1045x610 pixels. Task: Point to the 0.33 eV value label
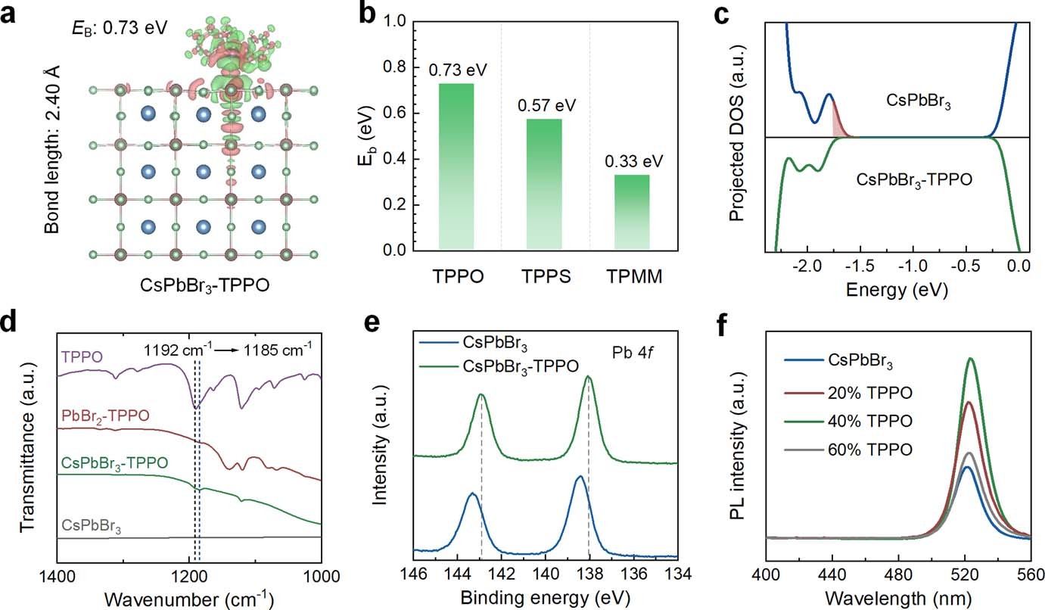point(632,161)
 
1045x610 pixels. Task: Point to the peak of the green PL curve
point(969,359)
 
